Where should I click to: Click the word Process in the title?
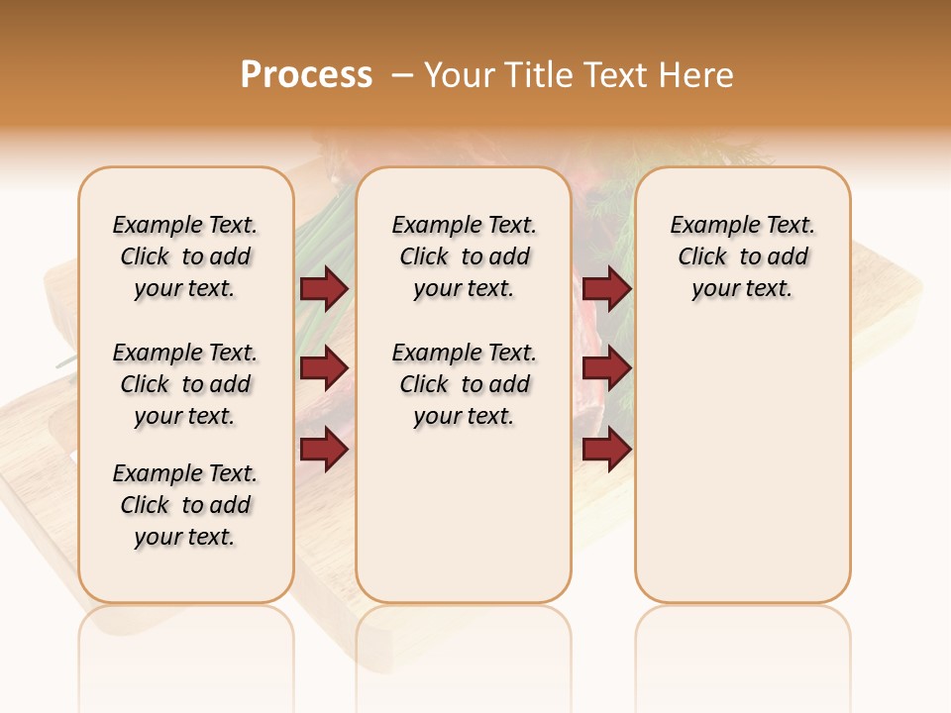pyautogui.click(x=306, y=74)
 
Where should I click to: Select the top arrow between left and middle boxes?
pyautogui.click(x=324, y=289)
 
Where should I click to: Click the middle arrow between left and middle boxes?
pyautogui.click(x=324, y=368)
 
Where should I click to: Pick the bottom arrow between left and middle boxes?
pyautogui.click(x=324, y=449)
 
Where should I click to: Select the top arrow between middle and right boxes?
pyautogui.click(x=606, y=289)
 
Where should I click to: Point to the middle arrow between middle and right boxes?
pyautogui.click(x=606, y=368)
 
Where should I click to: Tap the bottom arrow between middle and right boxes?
pyautogui.click(x=606, y=449)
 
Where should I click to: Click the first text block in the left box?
pyautogui.click(x=185, y=256)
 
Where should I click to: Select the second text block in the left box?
pyautogui.click(x=185, y=384)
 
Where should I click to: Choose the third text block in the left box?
pyautogui.click(x=185, y=505)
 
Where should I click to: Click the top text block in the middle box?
pyautogui.click(x=464, y=256)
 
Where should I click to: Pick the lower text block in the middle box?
pyautogui.click(x=464, y=384)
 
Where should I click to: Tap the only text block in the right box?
pyautogui.click(x=743, y=256)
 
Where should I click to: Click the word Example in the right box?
pyautogui.click(x=708, y=226)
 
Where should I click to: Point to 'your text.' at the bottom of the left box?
pyautogui.click(x=185, y=537)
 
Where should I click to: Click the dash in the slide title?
pyautogui.click(x=401, y=74)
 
